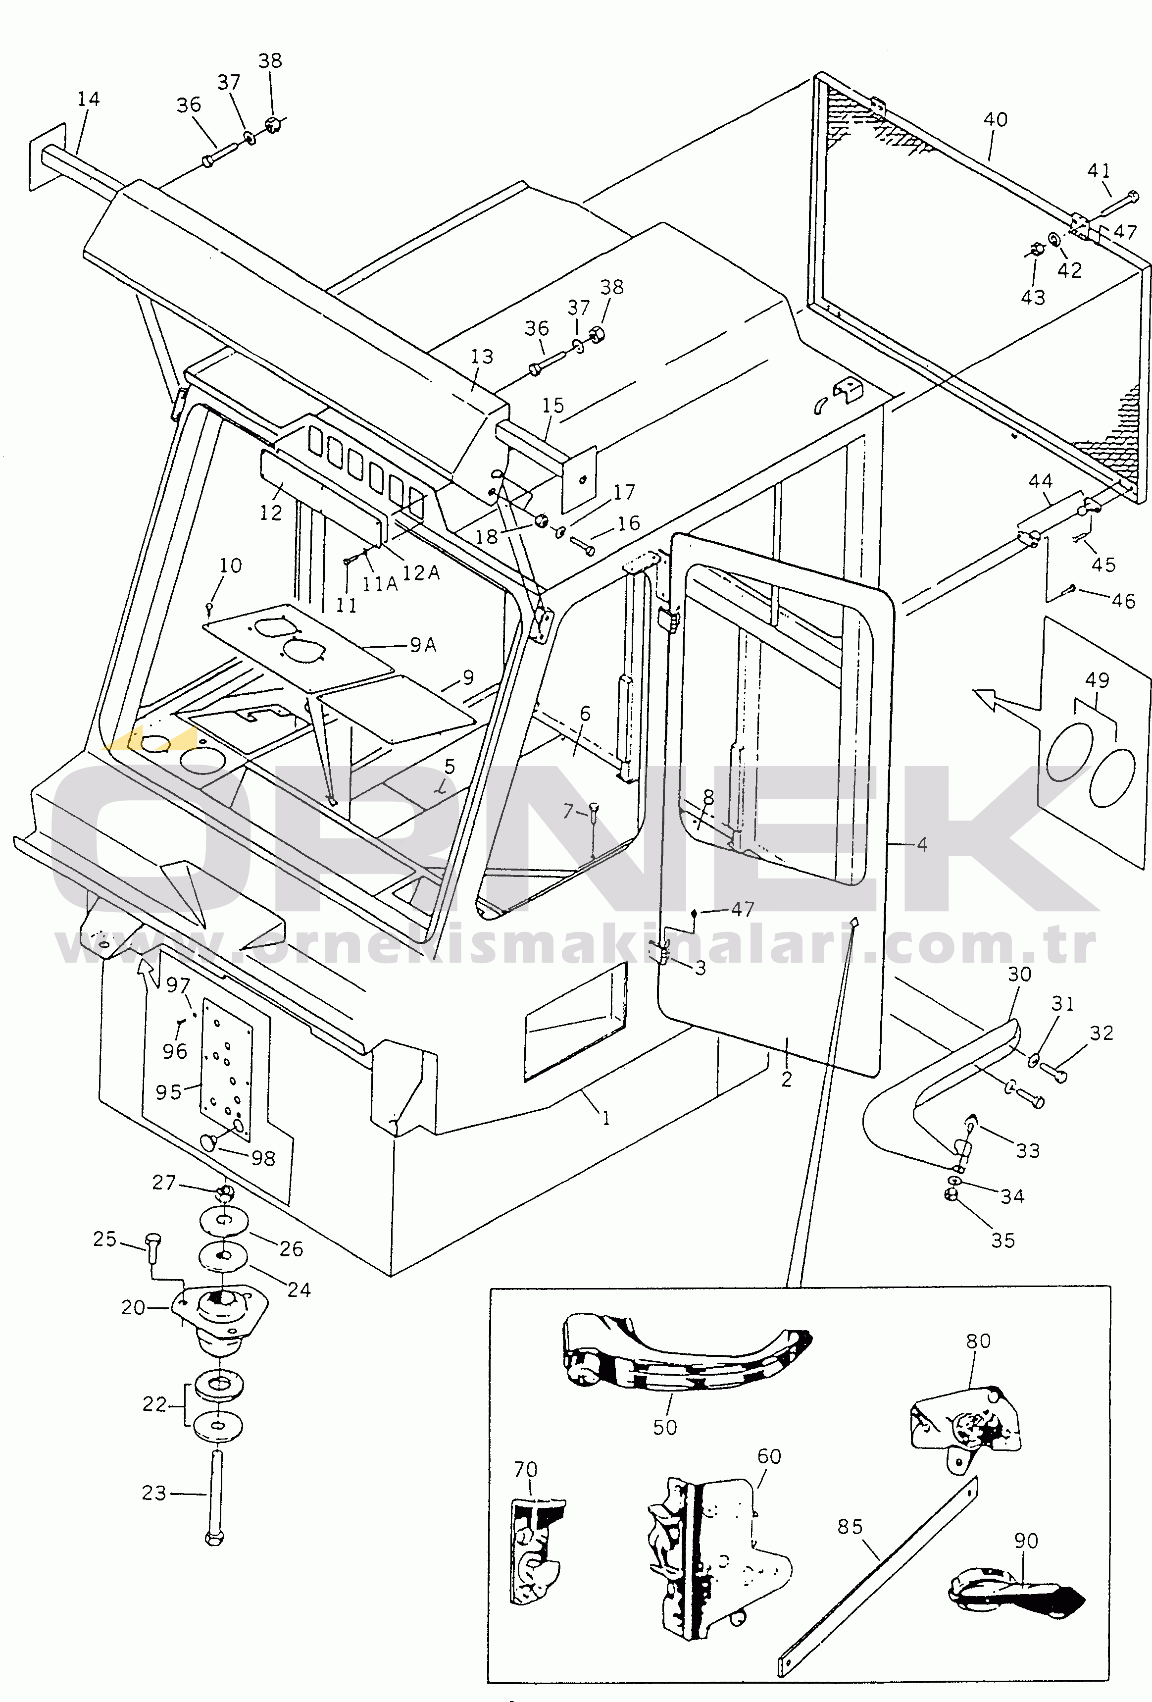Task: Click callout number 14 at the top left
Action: (x=89, y=99)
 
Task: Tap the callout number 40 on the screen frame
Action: (x=995, y=119)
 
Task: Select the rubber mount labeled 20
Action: (x=220, y=1318)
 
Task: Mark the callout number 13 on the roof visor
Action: (x=482, y=357)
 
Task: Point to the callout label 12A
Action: (x=421, y=573)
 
